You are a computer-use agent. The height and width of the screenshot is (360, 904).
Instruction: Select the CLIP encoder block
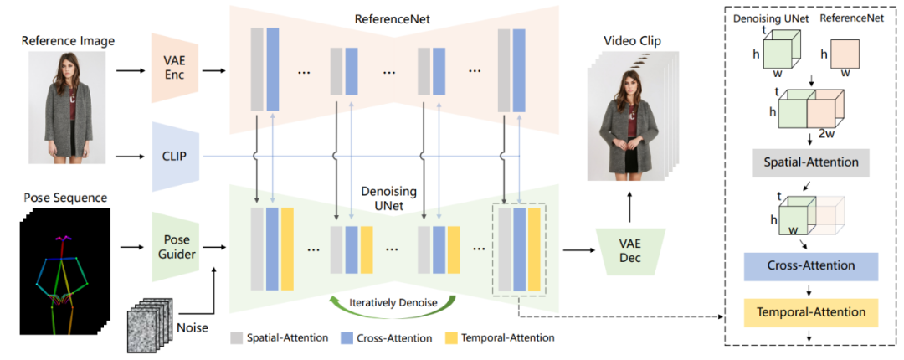pos(174,156)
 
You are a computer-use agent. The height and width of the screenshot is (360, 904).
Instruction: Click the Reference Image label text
pos(68,40)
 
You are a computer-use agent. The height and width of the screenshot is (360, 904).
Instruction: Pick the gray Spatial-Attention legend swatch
pos(236,338)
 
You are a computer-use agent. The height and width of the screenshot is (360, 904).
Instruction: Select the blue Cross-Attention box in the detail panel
pos(810,265)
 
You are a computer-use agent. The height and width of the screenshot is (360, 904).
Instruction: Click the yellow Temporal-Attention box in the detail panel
pos(810,312)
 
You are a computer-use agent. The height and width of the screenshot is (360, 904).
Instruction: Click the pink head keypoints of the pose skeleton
pos(62,239)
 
